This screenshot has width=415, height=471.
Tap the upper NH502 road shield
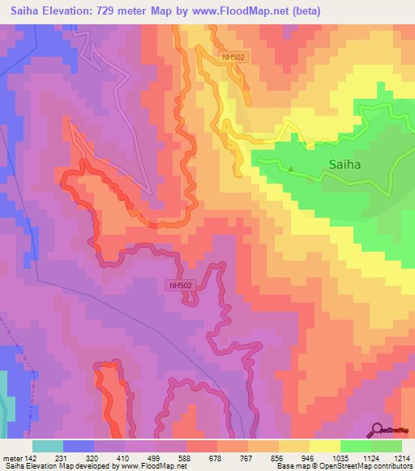coord(233,57)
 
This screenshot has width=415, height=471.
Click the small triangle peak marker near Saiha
coord(292,168)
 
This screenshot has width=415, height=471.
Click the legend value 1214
coord(402,457)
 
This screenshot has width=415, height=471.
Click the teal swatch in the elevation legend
coord(48,446)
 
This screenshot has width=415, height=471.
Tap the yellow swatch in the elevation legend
coord(324,446)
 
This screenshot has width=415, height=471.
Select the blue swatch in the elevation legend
coord(79,446)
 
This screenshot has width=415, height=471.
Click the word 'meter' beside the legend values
coord(12,457)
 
